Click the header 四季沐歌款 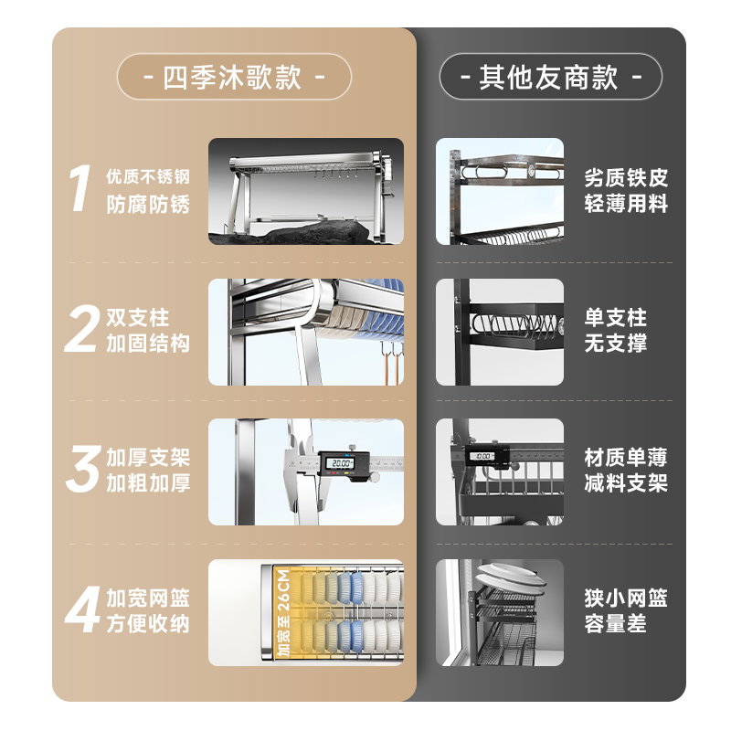click(233, 77)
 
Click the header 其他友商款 click(550, 77)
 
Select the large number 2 click(80, 331)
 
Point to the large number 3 click(80, 470)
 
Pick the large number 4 click(80, 611)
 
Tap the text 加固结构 click(148, 344)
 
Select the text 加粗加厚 click(148, 483)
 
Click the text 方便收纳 click(148, 624)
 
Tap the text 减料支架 click(626, 483)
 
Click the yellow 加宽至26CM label click(281, 611)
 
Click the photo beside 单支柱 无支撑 click(500, 332)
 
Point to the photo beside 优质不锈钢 click(305, 191)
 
